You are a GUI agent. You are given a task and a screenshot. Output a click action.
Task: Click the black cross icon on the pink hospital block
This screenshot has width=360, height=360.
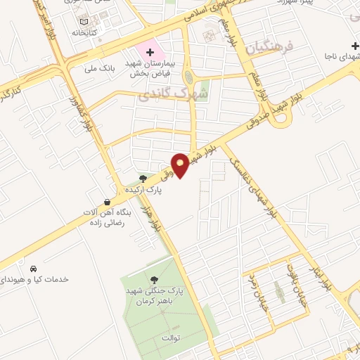pyautogui.click(x=150, y=53)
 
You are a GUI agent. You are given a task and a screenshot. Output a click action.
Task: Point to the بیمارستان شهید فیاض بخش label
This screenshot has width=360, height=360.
pyautogui.click(x=149, y=68)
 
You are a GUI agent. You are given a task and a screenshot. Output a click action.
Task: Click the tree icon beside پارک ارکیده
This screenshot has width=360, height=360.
pyautogui.click(x=144, y=179)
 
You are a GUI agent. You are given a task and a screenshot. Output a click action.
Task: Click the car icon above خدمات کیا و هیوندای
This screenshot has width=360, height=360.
pyautogui.click(x=33, y=269)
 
